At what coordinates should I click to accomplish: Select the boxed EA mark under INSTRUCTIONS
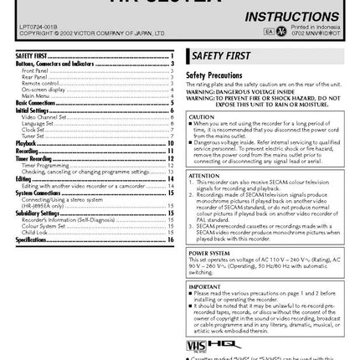pos(269,31)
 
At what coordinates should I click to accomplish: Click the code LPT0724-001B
pos(32,28)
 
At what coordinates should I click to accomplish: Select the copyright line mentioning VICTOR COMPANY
pos(84,33)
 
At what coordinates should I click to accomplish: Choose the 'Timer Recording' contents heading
pos(34,157)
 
